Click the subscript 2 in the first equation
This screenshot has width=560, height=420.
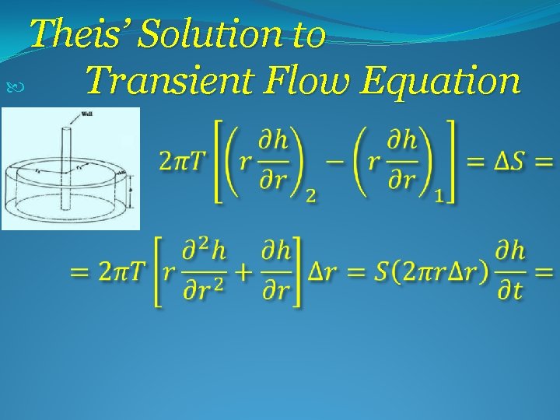310,197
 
